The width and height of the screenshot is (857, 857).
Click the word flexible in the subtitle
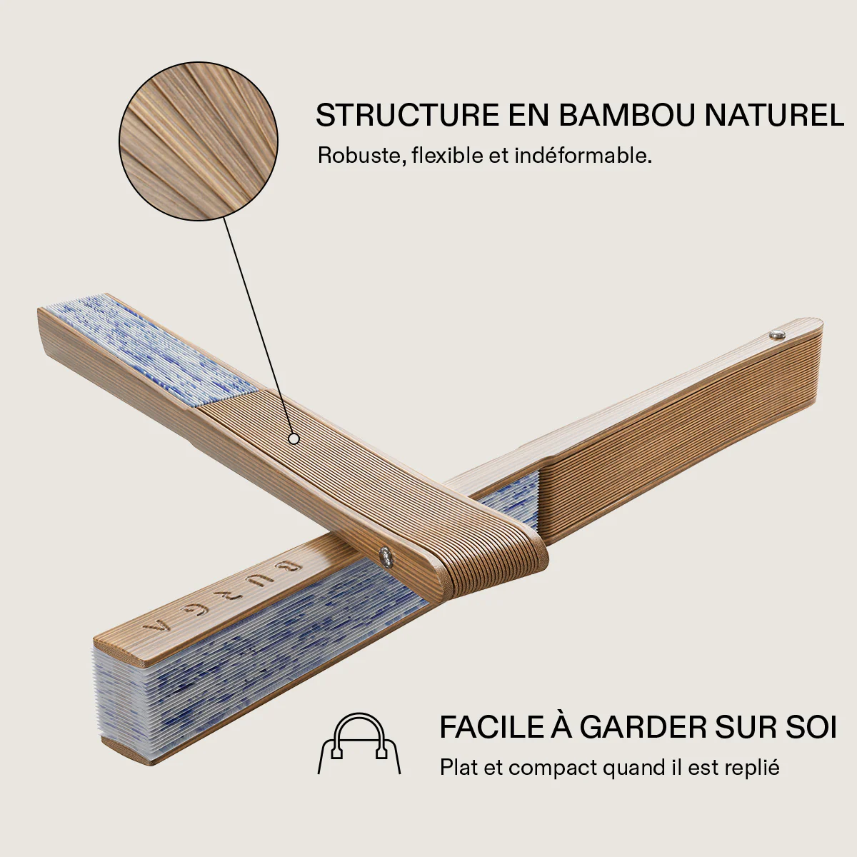coord(447,156)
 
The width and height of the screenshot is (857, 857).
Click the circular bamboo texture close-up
coord(199,141)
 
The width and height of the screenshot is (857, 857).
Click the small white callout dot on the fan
coord(294,439)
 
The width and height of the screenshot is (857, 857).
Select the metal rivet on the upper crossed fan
coord(385,556)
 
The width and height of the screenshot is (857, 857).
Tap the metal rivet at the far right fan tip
coord(777,334)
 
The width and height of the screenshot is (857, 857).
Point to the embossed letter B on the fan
coord(293,566)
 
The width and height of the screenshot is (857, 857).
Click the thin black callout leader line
coord(257,327)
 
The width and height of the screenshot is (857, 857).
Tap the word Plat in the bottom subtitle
coord(458,768)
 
